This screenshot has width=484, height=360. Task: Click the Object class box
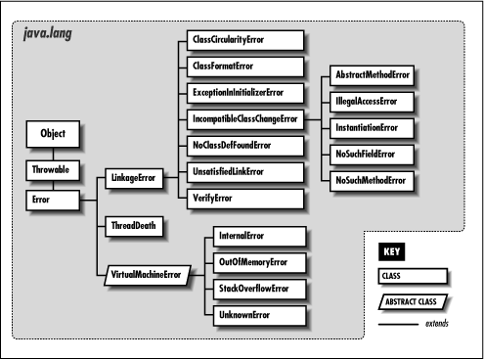click(x=52, y=133)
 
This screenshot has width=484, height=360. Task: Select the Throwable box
click(x=52, y=170)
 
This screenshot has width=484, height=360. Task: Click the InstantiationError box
click(x=368, y=128)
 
